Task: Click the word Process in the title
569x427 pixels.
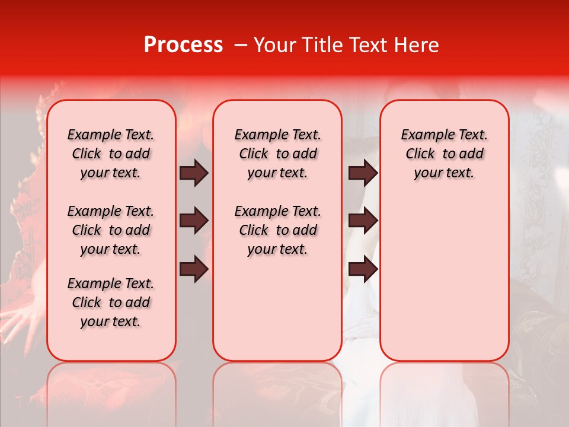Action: coord(183,45)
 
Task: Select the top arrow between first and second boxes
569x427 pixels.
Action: coord(194,173)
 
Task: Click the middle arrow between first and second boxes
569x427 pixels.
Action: coord(194,221)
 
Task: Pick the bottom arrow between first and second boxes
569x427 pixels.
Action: coord(194,269)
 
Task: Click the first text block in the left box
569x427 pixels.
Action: coord(111,154)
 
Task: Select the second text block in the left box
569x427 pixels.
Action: coord(111,230)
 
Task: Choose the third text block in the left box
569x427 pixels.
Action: coord(111,302)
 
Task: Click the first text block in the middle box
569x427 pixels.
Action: coord(277,154)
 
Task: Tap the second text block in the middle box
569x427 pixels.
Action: coord(277,230)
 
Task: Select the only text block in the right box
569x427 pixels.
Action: coord(444,154)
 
